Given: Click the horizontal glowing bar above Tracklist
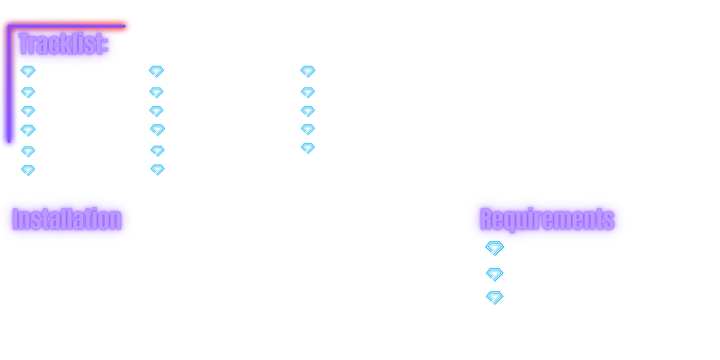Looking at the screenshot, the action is tap(67, 26).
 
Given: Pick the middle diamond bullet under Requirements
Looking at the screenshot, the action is tap(495, 274).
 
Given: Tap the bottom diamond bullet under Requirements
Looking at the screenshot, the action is tap(495, 298).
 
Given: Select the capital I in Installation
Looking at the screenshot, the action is tap(15, 219).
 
